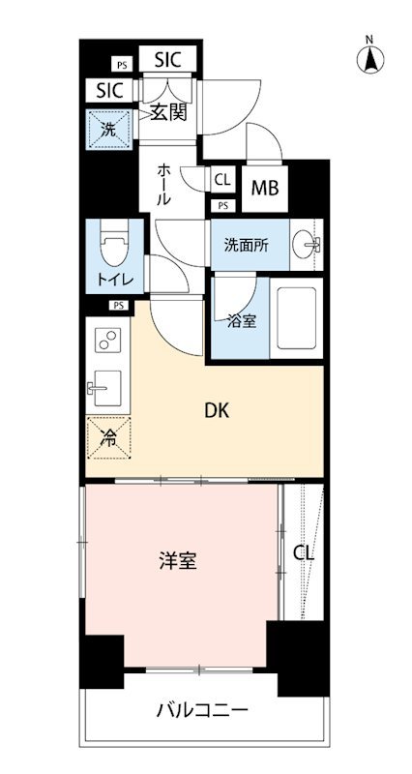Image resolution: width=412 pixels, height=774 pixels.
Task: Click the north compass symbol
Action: click(x=370, y=58)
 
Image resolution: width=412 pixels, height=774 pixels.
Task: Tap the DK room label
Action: click(x=218, y=411)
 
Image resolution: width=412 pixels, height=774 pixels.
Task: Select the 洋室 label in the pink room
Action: click(x=178, y=561)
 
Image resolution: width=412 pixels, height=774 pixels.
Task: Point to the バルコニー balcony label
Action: click(x=202, y=711)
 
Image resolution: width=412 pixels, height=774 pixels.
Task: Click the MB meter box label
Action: click(x=265, y=188)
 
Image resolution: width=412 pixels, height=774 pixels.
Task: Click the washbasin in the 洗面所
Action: click(x=306, y=245)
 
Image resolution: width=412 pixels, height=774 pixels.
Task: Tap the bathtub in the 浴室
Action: click(x=296, y=318)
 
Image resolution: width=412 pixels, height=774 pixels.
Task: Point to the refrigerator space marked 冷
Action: click(x=108, y=438)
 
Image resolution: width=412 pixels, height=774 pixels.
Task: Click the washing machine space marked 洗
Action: click(x=109, y=130)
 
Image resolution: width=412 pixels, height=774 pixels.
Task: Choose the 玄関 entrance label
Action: click(x=167, y=113)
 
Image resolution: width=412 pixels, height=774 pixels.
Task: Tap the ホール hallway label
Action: click(x=164, y=185)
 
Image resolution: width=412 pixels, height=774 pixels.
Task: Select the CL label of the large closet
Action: click(x=304, y=552)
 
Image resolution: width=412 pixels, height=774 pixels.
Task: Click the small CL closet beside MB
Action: click(x=222, y=180)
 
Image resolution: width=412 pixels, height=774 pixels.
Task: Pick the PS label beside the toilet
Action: click(x=118, y=305)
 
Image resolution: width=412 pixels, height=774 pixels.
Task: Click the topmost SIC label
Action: click(x=167, y=60)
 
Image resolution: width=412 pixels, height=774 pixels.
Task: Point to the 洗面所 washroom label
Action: click(x=247, y=245)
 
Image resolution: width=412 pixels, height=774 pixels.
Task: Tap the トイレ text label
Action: click(x=114, y=280)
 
